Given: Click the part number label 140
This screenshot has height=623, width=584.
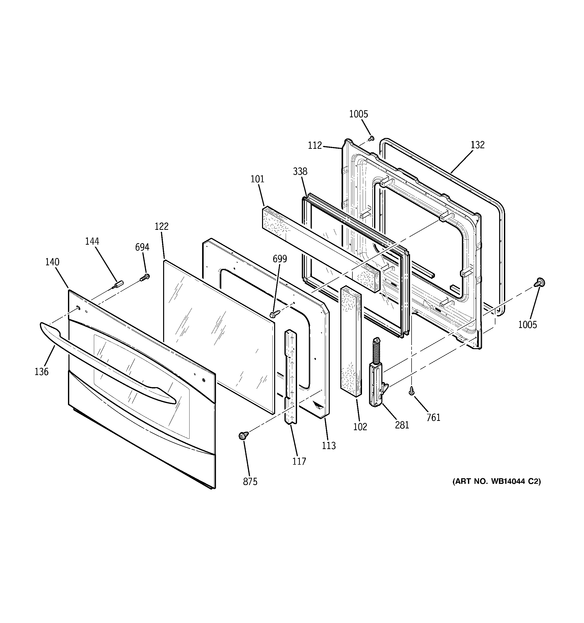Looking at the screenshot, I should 52,262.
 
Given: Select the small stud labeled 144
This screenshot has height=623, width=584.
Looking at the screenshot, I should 118,284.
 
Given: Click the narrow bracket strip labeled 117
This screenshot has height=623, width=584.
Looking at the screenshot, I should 290,376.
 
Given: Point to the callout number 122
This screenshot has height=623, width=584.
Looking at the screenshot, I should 161,226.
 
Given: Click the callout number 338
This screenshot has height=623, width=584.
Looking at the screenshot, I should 300,171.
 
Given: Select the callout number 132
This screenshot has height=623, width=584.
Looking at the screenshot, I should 478,145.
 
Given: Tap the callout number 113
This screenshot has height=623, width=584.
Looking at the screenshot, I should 328,445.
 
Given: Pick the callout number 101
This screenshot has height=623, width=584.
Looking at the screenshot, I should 257,179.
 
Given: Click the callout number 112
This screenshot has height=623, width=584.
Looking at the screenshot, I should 315,145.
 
